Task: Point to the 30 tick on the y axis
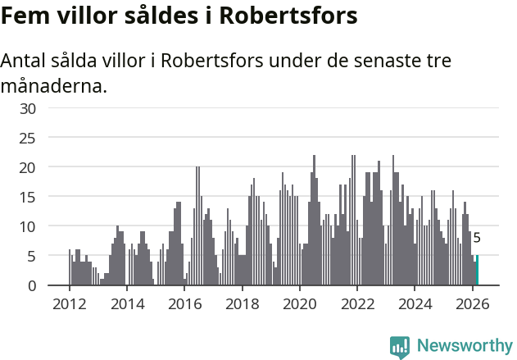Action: (x=28, y=108)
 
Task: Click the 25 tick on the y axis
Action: (x=28, y=138)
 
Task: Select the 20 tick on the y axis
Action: (x=28, y=167)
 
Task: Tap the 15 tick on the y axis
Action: (x=28, y=197)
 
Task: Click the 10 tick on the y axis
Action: (x=28, y=226)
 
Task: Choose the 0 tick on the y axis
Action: (x=32, y=285)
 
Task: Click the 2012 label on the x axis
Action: (x=69, y=303)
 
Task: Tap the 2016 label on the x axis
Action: (x=184, y=303)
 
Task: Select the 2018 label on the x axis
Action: (x=242, y=303)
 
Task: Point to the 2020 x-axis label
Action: (x=299, y=303)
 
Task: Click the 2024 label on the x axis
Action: (x=415, y=303)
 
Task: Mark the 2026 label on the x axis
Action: (x=472, y=303)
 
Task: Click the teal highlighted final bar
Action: (x=477, y=271)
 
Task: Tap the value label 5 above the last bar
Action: (x=477, y=239)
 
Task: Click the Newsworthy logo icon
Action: (x=400, y=346)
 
